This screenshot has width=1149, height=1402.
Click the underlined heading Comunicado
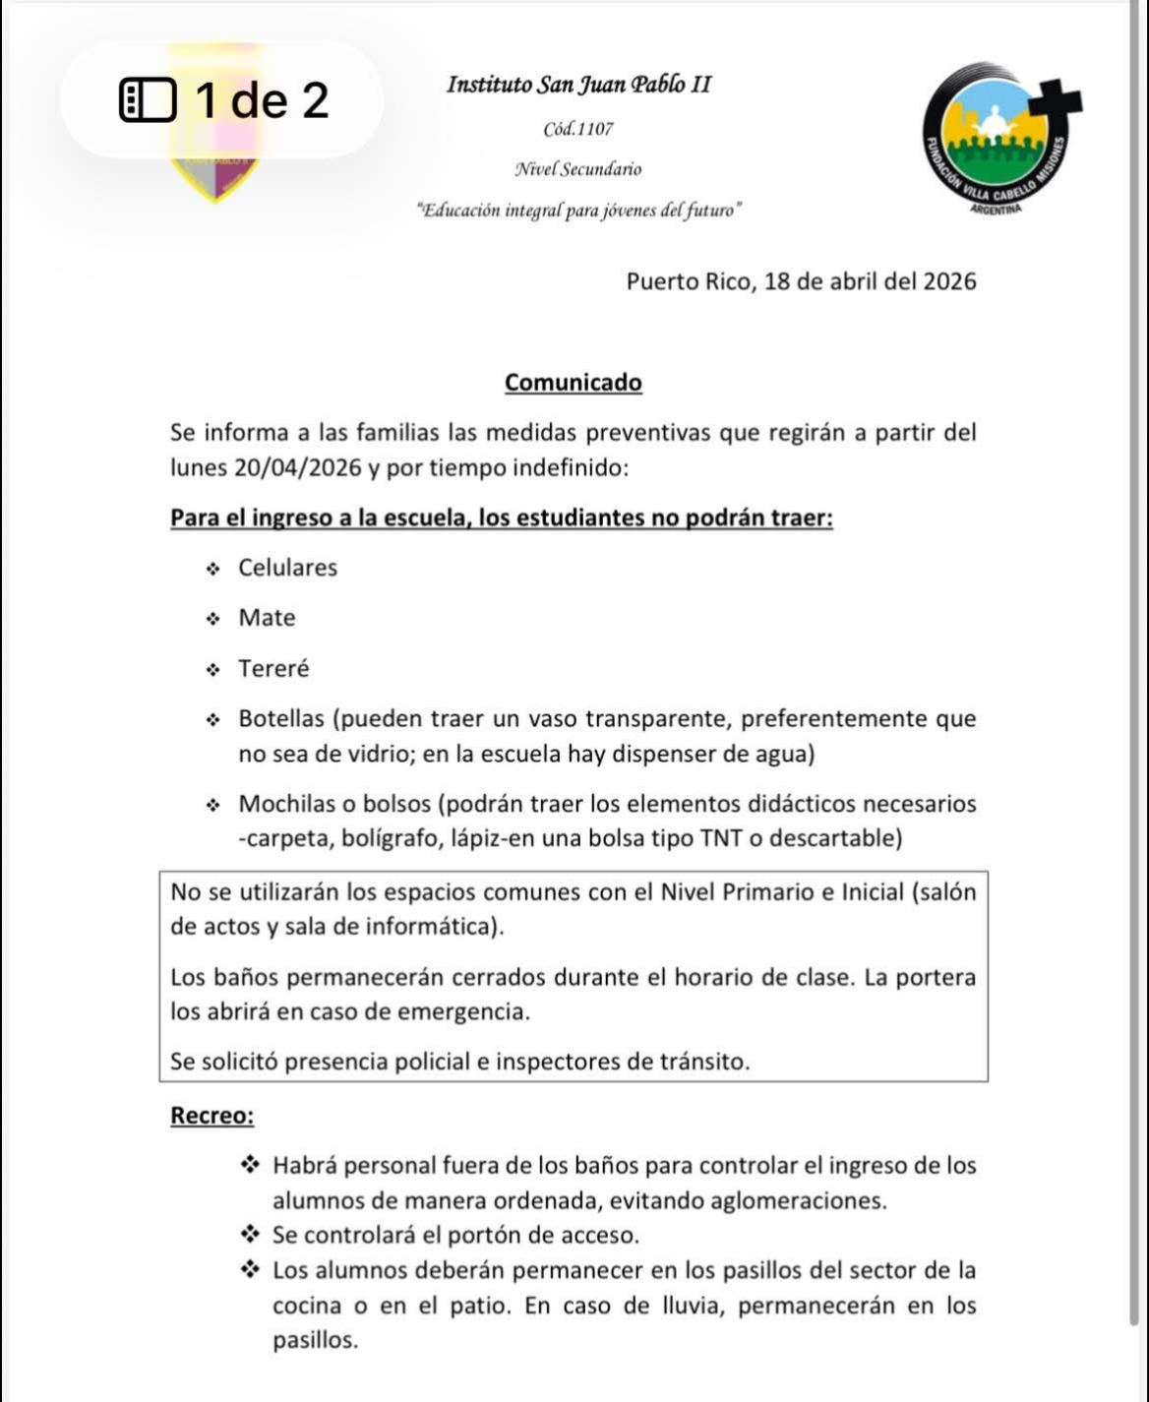click(573, 383)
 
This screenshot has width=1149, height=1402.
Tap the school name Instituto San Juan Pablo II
click(578, 85)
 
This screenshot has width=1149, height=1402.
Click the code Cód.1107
click(578, 129)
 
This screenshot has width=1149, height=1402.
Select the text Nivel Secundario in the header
click(578, 169)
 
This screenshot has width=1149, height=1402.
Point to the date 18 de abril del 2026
click(870, 282)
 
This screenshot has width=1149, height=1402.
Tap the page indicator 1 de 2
click(262, 100)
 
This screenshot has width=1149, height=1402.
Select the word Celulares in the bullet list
click(287, 568)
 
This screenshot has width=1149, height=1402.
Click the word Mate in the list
click(267, 618)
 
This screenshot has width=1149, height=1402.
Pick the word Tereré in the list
click(273, 669)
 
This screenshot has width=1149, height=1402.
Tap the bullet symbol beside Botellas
click(212, 720)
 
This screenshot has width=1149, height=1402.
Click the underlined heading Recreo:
click(212, 1116)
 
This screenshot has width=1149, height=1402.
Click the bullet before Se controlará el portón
click(251, 1235)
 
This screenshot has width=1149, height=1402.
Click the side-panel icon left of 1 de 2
click(148, 100)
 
